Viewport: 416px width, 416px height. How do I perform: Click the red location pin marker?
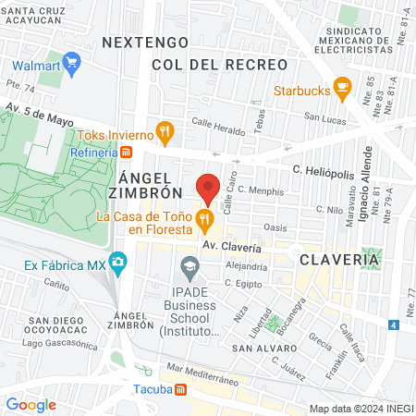point(208,188)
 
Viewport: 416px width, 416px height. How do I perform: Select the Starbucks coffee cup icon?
point(342,91)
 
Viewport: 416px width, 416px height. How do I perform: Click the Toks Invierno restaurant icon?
point(165,131)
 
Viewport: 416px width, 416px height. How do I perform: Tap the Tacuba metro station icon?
point(180,388)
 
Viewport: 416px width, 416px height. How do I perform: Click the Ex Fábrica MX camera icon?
point(117,264)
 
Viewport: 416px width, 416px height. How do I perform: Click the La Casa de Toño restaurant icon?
point(204,221)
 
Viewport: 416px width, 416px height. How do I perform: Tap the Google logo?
point(31,404)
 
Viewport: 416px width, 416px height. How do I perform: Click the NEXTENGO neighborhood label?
point(145,43)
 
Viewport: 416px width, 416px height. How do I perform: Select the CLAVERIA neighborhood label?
point(339,260)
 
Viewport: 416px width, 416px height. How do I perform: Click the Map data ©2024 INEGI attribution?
point(361,408)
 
